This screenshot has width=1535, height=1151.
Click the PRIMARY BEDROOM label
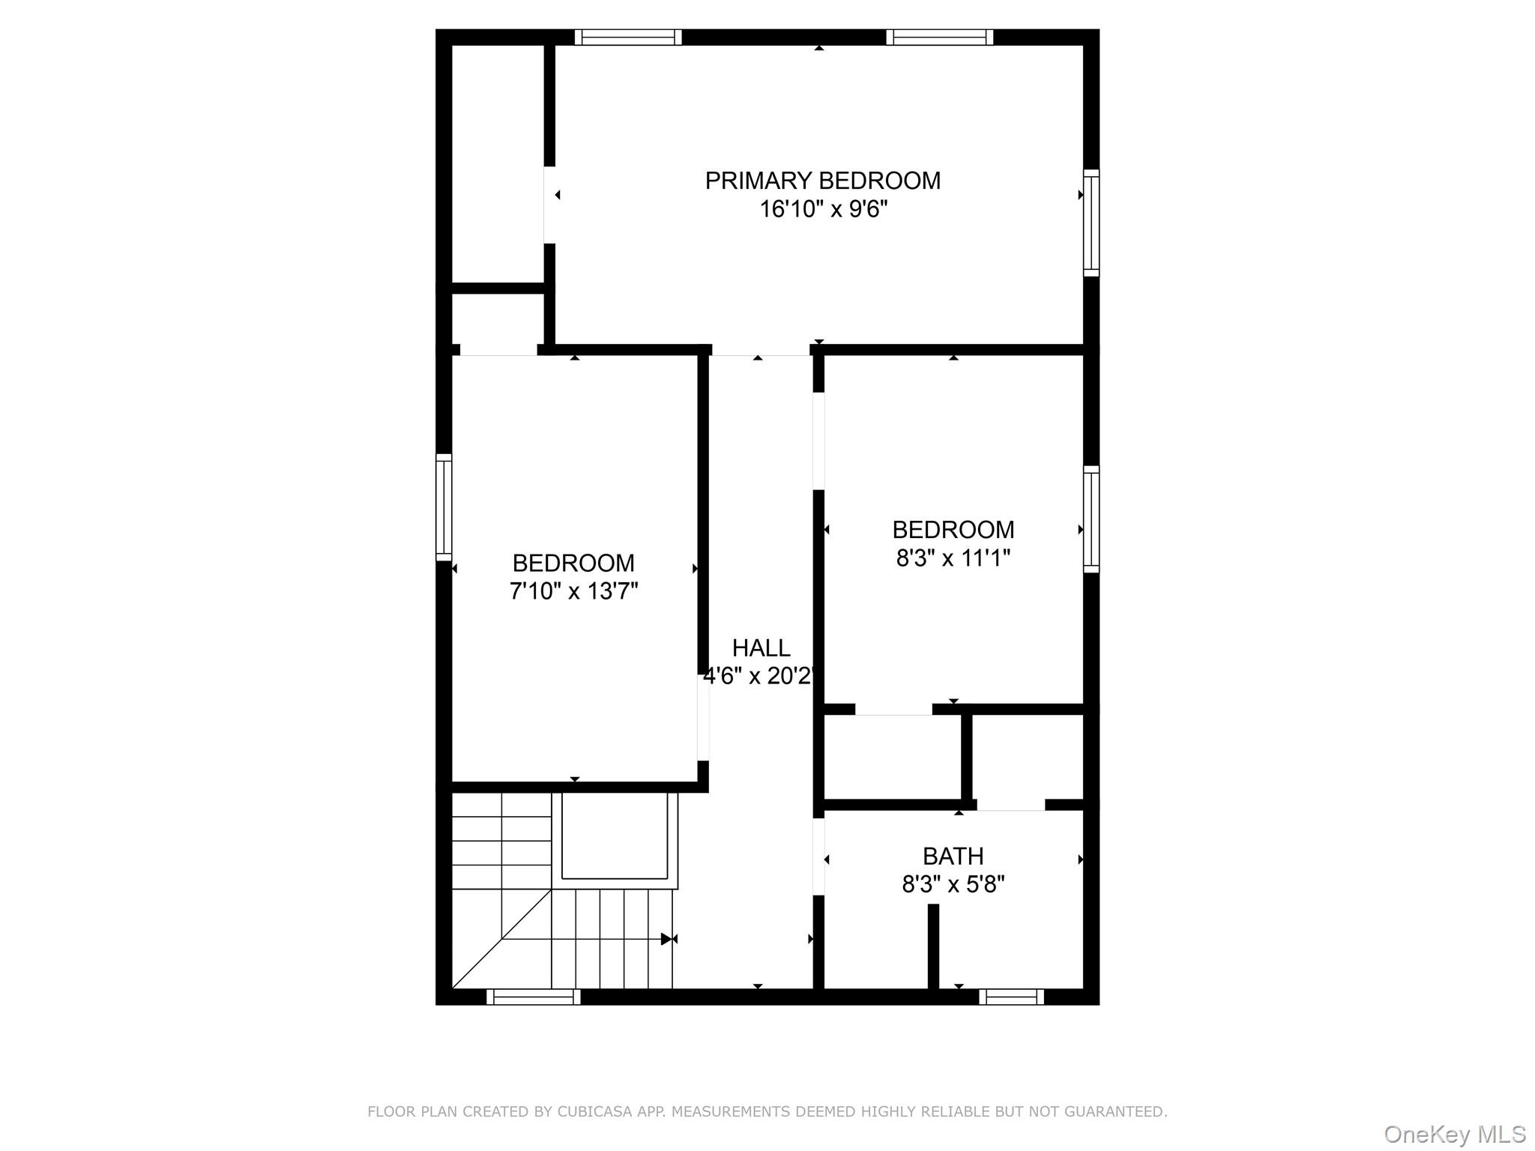(x=822, y=181)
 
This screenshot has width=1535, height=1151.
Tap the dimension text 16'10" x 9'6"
(x=823, y=209)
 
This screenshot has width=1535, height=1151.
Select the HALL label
(x=761, y=647)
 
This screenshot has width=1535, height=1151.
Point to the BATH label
(x=953, y=856)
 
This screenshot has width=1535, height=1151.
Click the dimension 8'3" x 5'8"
(x=953, y=885)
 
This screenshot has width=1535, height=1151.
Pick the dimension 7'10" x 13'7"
(x=573, y=591)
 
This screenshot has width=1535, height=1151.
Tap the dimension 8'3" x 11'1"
(x=953, y=558)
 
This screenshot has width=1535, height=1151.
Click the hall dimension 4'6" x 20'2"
(x=759, y=677)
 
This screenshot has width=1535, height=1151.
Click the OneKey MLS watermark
(x=1454, y=1135)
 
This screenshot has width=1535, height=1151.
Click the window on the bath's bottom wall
(x=1011, y=997)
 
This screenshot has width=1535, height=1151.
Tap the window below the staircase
(x=533, y=997)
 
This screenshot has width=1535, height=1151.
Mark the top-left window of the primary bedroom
(x=628, y=37)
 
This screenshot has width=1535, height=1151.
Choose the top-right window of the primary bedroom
(x=939, y=37)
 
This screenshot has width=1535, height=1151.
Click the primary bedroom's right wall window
(x=1091, y=223)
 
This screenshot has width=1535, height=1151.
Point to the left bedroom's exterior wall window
(x=444, y=507)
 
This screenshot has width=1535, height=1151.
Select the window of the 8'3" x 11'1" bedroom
(x=1091, y=519)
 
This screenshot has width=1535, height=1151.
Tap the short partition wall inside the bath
(x=933, y=946)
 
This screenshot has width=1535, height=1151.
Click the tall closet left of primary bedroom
(x=498, y=163)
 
